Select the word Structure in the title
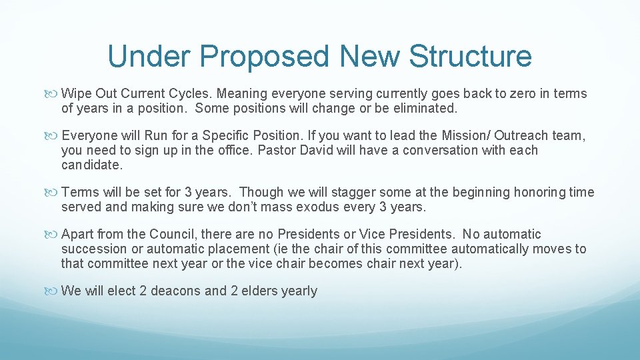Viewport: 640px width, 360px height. point(470,56)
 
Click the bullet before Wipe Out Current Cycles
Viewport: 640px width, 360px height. point(55,94)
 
